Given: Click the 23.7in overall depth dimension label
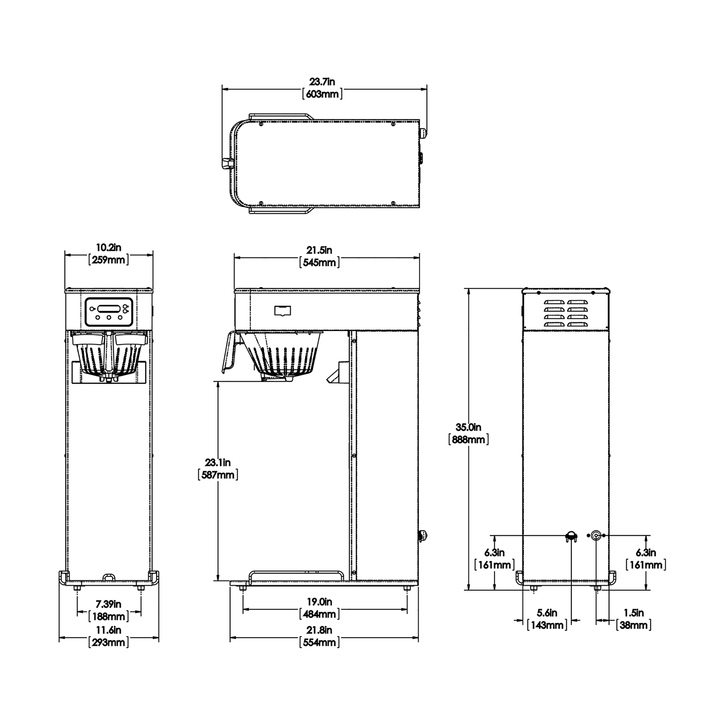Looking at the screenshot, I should [x=322, y=81].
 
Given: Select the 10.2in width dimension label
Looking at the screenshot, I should [x=108, y=248].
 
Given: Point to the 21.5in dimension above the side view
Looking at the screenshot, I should [x=319, y=250].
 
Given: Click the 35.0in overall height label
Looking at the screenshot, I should [x=468, y=427].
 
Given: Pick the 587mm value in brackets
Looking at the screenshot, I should [x=218, y=475].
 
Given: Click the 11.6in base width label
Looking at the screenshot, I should [x=108, y=630].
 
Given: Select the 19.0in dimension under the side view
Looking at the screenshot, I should [x=319, y=602].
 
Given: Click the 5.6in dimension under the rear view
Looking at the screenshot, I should [x=547, y=613].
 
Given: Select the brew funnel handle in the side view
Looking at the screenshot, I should [x=229, y=352].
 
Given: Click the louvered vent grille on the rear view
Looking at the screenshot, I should [x=566, y=313].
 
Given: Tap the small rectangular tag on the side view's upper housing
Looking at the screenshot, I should [x=282, y=311].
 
